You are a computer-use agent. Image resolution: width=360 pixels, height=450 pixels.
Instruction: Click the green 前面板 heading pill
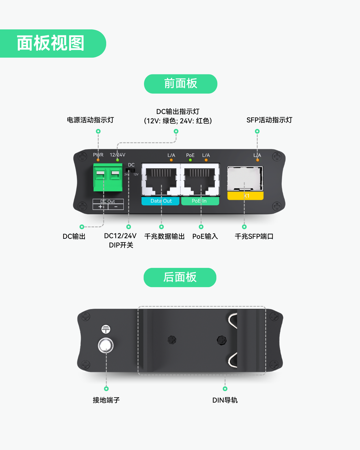181,84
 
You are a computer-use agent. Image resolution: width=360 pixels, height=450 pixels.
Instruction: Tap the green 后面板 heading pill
180,277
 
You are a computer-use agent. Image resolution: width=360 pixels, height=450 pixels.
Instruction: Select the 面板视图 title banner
53,43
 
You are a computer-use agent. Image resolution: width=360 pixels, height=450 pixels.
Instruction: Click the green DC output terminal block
108,177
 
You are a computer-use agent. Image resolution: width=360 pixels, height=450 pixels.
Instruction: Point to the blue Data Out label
160,201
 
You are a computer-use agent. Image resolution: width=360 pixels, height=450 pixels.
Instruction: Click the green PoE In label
200,201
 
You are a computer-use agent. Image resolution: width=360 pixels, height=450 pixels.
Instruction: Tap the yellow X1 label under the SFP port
245,196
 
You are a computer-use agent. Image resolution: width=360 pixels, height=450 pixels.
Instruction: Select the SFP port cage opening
245,178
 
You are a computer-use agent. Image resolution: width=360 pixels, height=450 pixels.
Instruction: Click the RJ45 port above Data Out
161,179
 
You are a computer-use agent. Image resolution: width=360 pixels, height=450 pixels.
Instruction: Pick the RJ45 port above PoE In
200,179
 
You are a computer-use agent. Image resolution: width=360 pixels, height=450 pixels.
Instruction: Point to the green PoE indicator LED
190,160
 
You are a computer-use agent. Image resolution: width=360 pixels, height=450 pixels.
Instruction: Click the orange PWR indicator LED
98,160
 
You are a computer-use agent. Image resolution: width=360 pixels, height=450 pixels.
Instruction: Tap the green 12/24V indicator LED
118,160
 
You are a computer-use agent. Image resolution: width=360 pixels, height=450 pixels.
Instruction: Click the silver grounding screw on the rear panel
106,345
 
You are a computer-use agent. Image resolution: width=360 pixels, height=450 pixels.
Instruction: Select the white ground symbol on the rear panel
106,329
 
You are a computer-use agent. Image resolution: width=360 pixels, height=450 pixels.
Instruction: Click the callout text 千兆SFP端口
254,236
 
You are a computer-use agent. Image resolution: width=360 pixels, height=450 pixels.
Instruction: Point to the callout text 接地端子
106,400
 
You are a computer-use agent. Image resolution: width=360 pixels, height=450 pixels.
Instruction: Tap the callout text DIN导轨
225,400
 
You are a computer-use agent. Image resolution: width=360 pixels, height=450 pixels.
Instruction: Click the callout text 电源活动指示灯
90,120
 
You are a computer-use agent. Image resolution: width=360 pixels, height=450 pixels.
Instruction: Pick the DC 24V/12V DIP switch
130,170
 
